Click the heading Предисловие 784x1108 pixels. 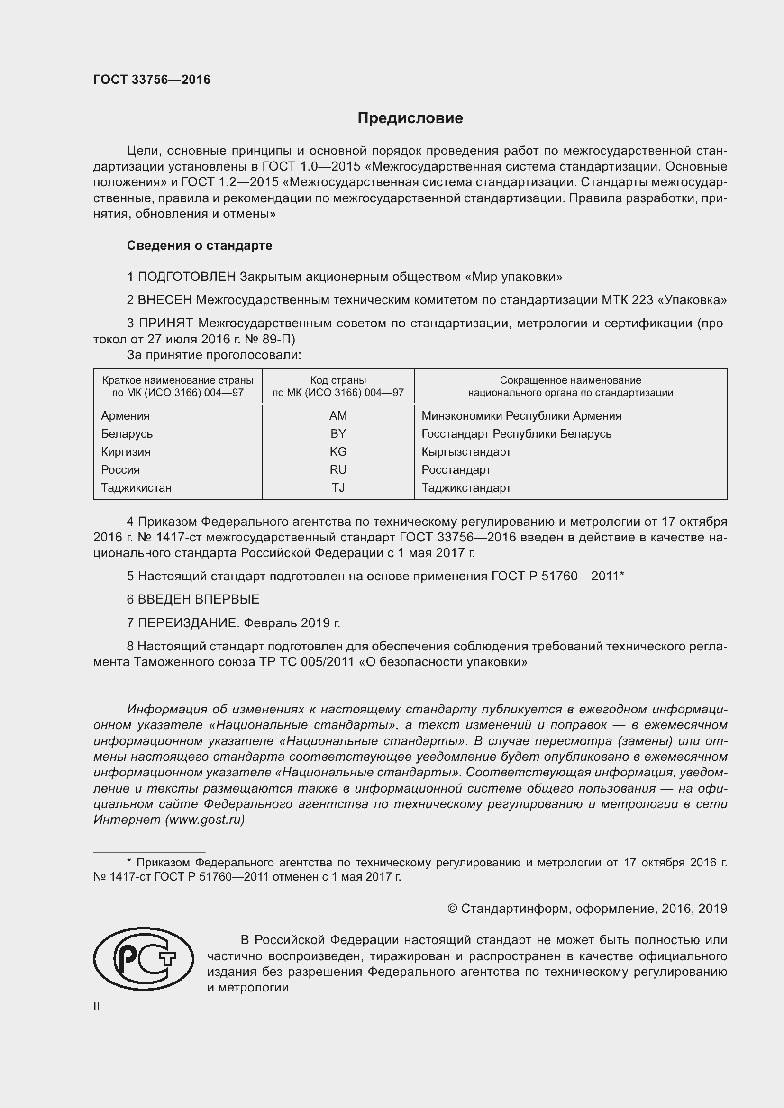tap(410, 118)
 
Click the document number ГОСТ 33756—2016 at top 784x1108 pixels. tap(152, 80)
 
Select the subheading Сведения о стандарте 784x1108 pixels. tap(200, 245)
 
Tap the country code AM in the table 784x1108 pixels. tap(338, 415)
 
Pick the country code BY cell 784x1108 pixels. tap(338, 433)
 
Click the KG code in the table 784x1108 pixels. tap(338, 452)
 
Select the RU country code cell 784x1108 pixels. tap(338, 469)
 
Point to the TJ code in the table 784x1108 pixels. tap(338, 487)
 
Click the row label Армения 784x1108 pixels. tap(125, 415)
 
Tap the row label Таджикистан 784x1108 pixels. tap(136, 487)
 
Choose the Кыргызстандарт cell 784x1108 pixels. tap(466, 452)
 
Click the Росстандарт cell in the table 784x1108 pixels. tap(456, 469)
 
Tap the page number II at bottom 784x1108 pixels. tap(97, 1007)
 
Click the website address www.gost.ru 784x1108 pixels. tap(205, 820)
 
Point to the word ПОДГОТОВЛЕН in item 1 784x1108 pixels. tap(187, 277)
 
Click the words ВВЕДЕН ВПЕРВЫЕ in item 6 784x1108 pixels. tap(199, 599)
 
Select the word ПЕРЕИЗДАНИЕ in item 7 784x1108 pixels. tap(188, 623)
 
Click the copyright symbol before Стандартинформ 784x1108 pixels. tap(452, 909)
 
